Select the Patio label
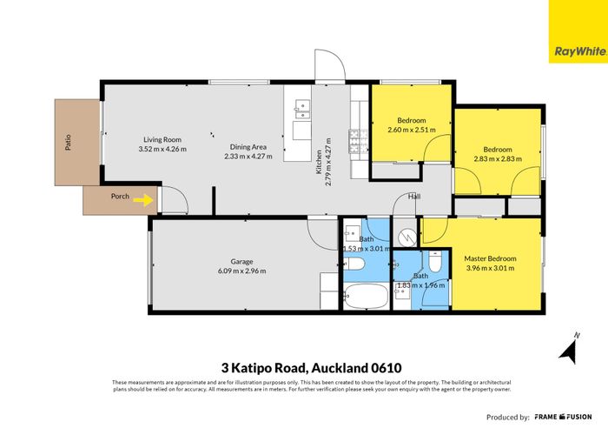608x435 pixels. (69, 142)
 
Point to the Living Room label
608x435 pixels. (162, 139)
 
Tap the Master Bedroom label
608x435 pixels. (490, 258)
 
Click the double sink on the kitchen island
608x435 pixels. (301, 109)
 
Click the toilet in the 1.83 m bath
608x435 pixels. (435, 260)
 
